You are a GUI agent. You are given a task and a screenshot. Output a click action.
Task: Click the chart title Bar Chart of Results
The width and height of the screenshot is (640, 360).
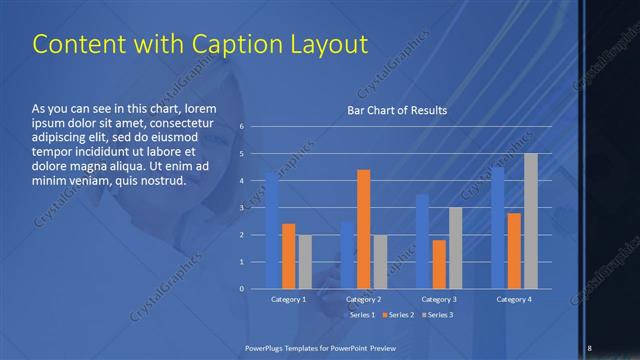click(397, 110)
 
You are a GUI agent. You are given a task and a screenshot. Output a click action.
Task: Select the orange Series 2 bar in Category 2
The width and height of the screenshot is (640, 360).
click(363, 229)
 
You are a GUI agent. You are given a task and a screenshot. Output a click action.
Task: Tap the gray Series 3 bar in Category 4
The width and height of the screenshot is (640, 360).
click(531, 221)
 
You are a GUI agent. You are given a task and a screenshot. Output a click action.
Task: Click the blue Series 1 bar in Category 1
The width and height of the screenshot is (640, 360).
click(272, 230)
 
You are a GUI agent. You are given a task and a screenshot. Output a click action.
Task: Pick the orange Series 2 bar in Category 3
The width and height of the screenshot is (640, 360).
click(439, 264)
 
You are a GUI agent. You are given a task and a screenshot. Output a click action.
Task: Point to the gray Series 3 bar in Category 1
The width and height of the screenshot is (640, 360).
click(305, 261)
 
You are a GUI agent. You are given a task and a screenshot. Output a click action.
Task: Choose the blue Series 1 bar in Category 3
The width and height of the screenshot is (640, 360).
click(422, 241)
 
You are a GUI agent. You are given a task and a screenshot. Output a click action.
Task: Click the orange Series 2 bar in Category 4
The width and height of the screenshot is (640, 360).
click(514, 250)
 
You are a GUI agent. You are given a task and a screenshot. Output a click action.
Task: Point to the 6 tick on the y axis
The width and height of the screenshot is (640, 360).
click(241, 127)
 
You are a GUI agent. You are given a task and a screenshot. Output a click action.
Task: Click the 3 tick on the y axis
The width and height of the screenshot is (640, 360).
click(241, 208)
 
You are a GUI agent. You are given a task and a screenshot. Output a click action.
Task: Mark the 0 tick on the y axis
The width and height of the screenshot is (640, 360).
click(241, 289)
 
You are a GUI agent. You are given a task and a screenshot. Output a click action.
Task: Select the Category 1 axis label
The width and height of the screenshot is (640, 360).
click(289, 299)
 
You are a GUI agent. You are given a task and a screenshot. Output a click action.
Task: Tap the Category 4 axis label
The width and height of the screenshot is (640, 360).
click(514, 299)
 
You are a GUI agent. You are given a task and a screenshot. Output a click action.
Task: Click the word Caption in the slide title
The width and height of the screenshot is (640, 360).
click(216, 44)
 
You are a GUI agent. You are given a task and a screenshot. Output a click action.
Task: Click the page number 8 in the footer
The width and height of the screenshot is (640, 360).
click(589, 347)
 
